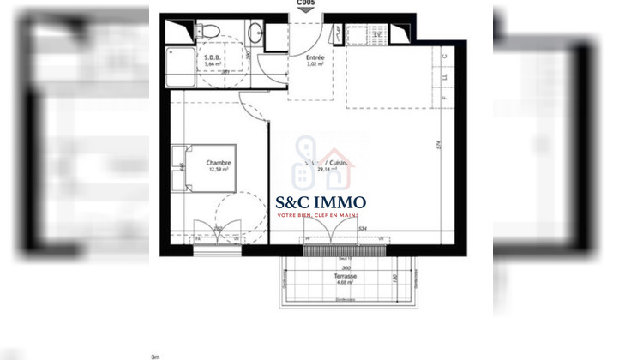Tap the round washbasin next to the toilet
255,33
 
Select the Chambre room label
219,163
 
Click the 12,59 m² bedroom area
219,170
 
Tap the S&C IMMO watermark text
321,203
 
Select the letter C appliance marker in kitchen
444,57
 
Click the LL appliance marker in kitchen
444,78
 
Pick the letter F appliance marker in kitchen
444,99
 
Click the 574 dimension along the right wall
438,146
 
